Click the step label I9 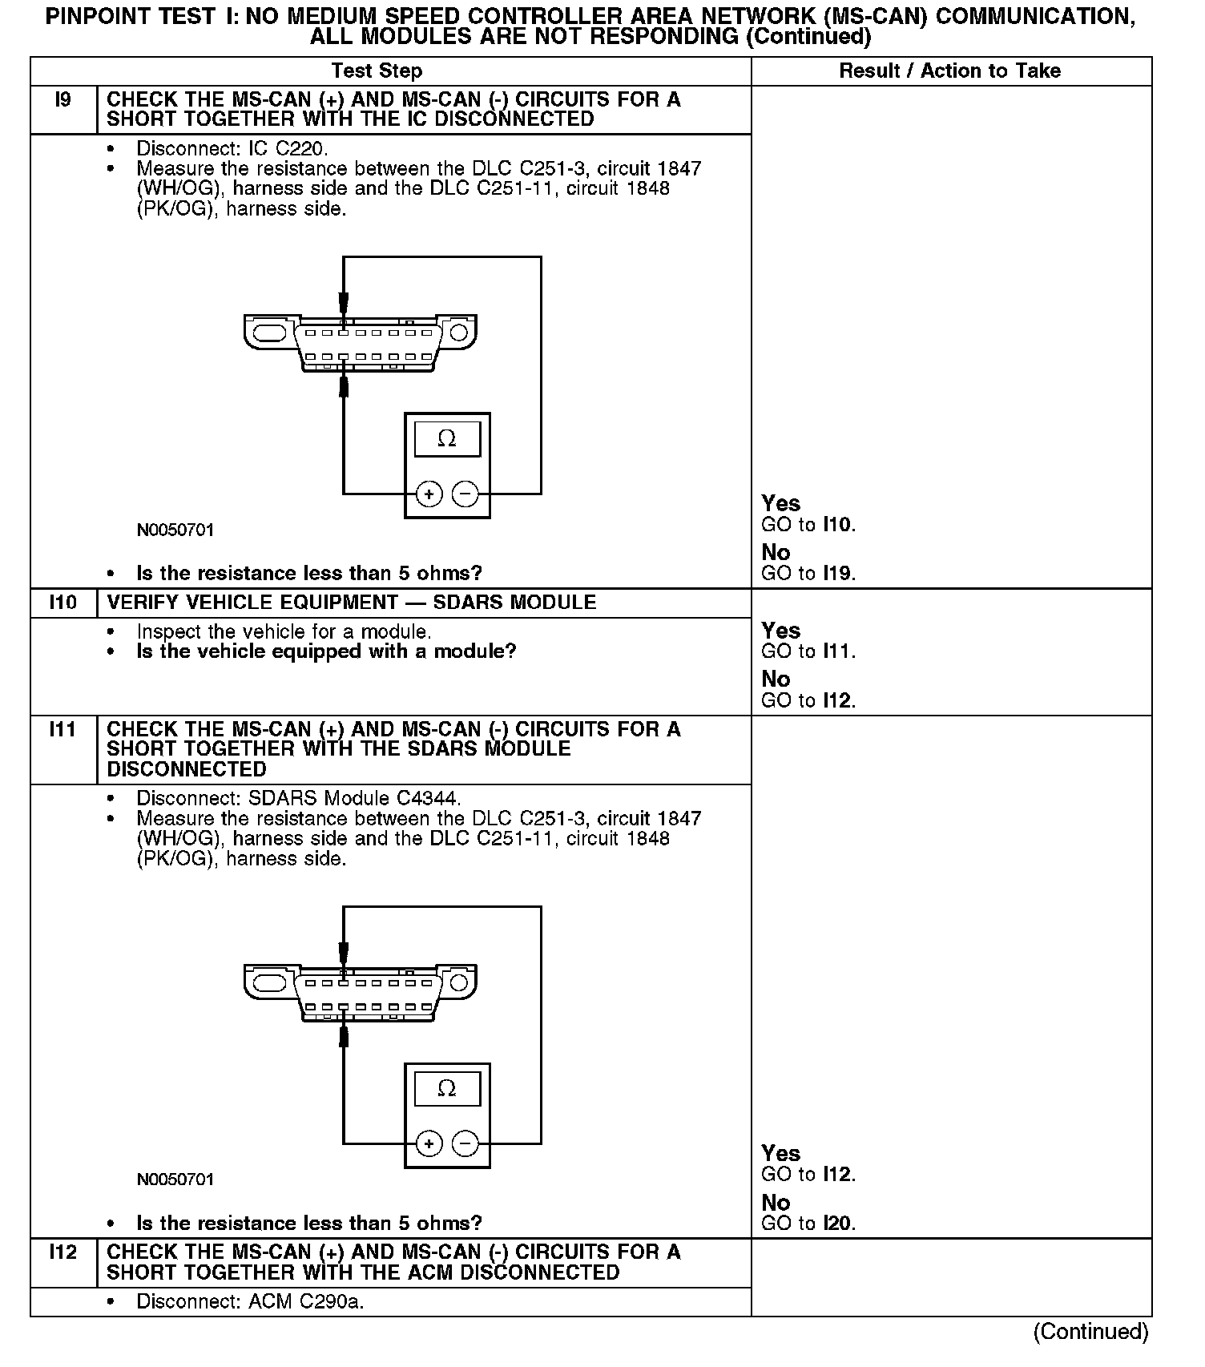[x=62, y=100]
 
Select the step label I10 [x=62, y=603]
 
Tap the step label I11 [x=62, y=730]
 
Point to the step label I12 [x=62, y=1252]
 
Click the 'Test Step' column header [x=377, y=71]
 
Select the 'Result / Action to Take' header [x=949, y=71]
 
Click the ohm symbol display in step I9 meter [x=447, y=439]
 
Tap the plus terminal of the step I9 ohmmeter [x=429, y=494]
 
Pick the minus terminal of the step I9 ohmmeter [x=465, y=494]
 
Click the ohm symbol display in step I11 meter [x=447, y=1089]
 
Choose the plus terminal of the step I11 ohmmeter [x=429, y=1144]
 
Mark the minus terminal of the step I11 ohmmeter [x=465, y=1144]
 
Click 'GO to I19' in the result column [x=808, y=574]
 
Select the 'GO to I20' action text [x=808, y=1224]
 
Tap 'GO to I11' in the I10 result [x=808, y=651]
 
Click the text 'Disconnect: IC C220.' [x=232, y=149]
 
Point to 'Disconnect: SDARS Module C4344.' [x=299, y=799]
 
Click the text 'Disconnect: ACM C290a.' [x=250, y=1302]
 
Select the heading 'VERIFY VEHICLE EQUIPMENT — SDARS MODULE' [x=352, y=603]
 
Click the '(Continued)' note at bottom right [x=1090, y=1332]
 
